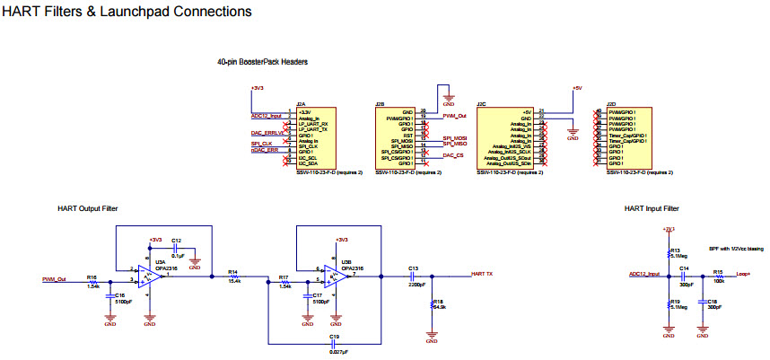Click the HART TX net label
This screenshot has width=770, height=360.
tap(484, 273)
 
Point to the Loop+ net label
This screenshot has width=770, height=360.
tap(743, 273)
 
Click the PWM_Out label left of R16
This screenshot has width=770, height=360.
tap(55, 278)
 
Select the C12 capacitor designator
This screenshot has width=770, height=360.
tap(177, 241)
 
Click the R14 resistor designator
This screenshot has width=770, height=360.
tap(232, 270)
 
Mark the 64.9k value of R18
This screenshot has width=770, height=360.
tap(440, 307)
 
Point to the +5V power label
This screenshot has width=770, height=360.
tap(577, 88)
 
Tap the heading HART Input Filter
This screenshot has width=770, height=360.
tap(651, 208)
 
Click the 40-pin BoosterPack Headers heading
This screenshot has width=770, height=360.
tap(262, 62)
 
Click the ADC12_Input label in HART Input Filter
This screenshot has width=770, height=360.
tap(643, 273)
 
